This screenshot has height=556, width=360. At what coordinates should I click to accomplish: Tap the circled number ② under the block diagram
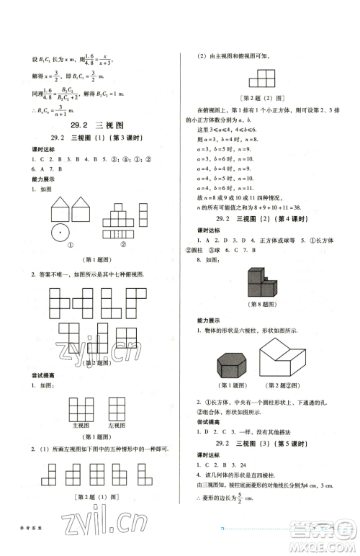123,244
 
